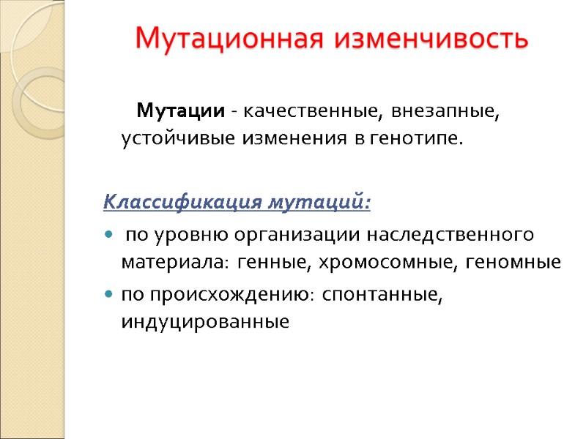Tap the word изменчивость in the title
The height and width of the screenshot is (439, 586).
pos(431,38)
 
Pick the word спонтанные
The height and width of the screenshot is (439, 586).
pos(382,295)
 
